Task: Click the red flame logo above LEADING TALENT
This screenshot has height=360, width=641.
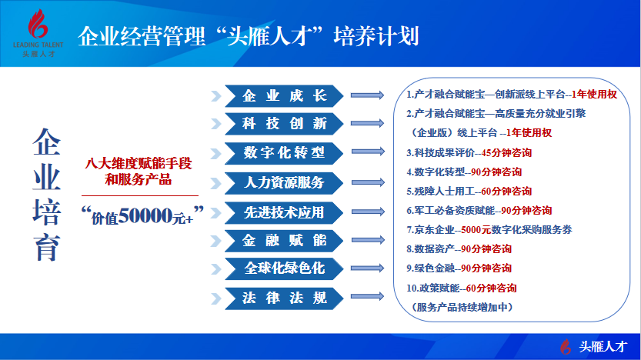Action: [38, 24]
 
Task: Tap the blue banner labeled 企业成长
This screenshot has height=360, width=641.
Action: [284, 96]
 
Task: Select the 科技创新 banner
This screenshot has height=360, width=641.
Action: [284, 123]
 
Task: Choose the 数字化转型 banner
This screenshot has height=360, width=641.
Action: [284, 153]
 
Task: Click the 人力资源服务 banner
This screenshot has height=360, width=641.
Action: [284, 182]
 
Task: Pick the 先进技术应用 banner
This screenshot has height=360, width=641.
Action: [284, 212]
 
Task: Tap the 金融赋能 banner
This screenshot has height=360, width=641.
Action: [284, 241]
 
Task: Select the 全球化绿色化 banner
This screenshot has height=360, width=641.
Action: [284, 268]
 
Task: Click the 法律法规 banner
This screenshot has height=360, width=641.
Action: [284, 298]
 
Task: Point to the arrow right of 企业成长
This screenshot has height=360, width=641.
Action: [368, 95]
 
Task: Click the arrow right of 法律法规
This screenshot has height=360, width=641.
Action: [368, 296]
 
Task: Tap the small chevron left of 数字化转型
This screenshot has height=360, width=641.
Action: [216, 154]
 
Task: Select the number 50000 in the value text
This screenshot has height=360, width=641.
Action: [145, 215]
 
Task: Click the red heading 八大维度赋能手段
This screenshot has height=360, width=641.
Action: [139, 163]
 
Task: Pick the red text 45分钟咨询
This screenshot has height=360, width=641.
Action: [506, 153]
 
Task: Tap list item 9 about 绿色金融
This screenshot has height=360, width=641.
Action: [459, 268]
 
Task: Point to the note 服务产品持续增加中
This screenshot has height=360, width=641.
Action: [462, 307]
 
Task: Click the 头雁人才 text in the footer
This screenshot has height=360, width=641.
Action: [603, 346]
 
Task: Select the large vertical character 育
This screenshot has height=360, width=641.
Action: [47, 247]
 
